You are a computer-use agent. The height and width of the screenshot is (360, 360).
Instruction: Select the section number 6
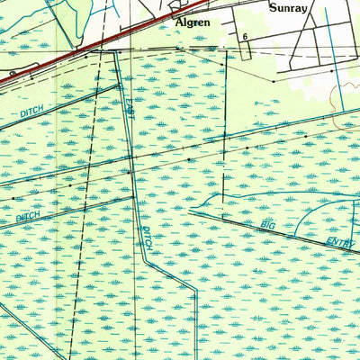tap(245, 36)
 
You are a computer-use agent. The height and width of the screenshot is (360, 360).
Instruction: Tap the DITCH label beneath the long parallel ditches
tap(26, 218)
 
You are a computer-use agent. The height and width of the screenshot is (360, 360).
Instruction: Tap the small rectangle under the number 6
tap(244, 46)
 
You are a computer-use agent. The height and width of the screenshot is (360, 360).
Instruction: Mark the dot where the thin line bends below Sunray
tap(272, 81)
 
